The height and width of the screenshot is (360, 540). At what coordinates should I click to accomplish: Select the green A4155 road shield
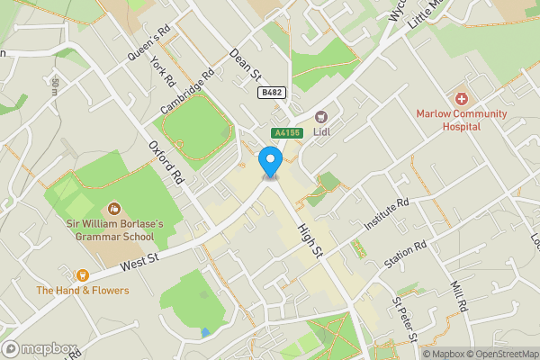(x=286, y=133)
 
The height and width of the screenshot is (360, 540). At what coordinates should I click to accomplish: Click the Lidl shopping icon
(x=320, y=115)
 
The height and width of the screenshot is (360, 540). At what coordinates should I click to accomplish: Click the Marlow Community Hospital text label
(x=461, y=120)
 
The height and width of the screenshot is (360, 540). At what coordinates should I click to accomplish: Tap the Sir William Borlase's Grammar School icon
(x=113, y=208)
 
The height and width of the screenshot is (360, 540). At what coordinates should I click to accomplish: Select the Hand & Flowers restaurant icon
(x=83, y=274)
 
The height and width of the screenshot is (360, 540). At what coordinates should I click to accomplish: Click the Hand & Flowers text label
(x=83, y=291)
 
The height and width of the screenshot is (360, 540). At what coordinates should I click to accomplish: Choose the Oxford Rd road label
(x=166, y=162)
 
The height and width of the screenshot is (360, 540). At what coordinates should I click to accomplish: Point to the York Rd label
(x=163, y=72)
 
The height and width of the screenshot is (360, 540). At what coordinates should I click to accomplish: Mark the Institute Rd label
(x=388, y=213)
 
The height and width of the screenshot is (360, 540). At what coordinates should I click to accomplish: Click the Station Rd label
(x=404, y=255)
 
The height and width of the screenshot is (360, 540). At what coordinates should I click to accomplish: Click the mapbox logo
(x=40, y=348)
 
